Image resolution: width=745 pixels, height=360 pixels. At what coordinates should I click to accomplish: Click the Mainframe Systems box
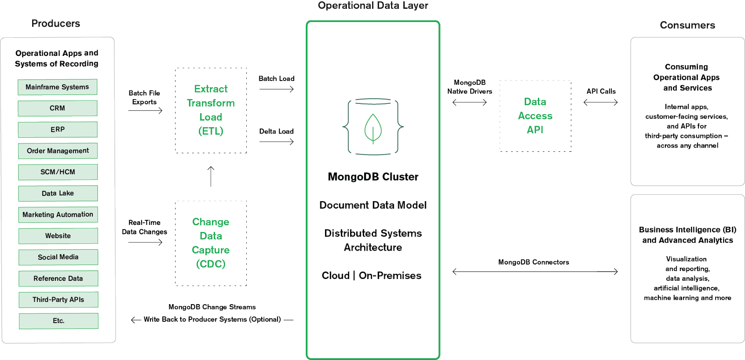[x=57, y=87]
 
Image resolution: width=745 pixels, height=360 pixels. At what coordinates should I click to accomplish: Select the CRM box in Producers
[x=57, y=108]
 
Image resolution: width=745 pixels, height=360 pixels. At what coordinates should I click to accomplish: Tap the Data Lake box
[x=58, y=193]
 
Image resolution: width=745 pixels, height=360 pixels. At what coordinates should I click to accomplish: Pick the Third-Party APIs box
[x=58, y=299]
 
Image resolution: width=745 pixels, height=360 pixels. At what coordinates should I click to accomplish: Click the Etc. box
[x=58, y=321]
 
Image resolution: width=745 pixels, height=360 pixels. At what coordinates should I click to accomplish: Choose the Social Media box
[x=58, y=257]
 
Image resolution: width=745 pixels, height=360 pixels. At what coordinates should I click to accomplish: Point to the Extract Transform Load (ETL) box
[x=211, y=110]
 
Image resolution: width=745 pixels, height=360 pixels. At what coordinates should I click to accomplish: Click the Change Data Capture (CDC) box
[x=211, y=243]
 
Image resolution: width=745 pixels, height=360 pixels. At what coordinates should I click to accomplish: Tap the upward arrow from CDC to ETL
[x=210, y=177]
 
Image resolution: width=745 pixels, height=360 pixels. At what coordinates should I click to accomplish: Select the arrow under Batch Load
[x=276, y=89]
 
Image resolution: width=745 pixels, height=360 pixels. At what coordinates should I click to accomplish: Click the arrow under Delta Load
[x=276, y=142]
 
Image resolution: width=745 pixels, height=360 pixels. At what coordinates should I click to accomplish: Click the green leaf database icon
[x=373, y=126]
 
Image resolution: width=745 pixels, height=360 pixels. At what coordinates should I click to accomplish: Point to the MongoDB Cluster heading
[x=373, y=177]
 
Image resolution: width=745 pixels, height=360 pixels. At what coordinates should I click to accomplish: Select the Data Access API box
[x=535, y=115]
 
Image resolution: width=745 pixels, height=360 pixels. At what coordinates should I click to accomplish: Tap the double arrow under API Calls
[x=600, y=102]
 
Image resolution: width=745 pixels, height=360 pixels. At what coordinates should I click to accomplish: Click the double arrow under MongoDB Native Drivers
[x=469, y=102]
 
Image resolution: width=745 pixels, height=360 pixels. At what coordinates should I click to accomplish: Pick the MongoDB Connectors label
[x=533, y=262]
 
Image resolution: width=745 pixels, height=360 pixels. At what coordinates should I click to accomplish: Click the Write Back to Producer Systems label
[x=212, y=319]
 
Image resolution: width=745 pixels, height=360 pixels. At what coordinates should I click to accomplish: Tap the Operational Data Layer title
[x=373, y=6]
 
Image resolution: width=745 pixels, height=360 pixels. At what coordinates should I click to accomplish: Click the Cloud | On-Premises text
[x=372, y=276]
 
